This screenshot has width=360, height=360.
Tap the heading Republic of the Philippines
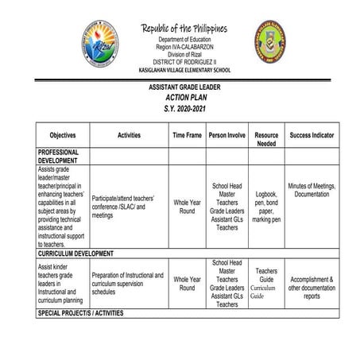tap(184, 29)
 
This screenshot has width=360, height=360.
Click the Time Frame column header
tap(187, 136)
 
